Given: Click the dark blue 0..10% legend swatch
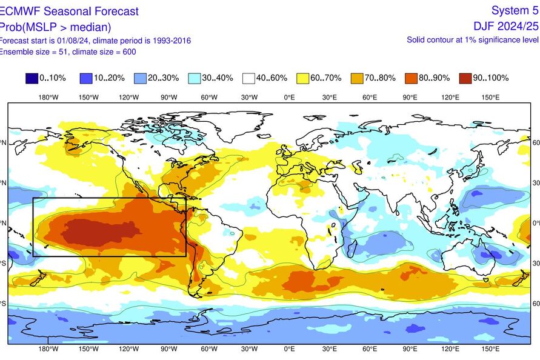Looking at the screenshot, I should (x=31, y=78).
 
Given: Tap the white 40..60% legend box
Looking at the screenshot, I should (x=248, y=78).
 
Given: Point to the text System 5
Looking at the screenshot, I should (x=515, y=11).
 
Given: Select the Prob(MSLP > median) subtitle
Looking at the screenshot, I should (x=55, y=27).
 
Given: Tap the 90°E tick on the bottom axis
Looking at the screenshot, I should (x=410, y=349).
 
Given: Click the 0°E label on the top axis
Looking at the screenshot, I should (x=289, y=97).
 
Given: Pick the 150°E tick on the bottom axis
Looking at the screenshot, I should (x=490, y=349).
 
